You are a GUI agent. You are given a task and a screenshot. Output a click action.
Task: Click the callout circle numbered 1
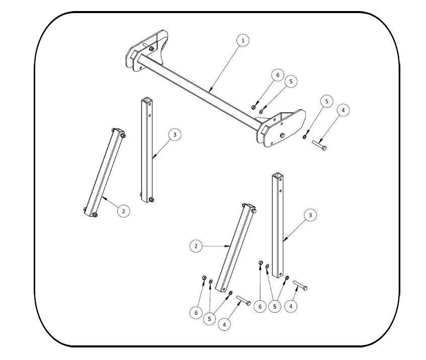[x=243, y=41]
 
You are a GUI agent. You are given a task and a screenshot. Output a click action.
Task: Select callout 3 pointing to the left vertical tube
[x=175, y=134]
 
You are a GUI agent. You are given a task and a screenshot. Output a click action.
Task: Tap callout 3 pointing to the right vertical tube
[x=310, y=215]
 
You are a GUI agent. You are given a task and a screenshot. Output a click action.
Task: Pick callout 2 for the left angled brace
[x=124, y=211]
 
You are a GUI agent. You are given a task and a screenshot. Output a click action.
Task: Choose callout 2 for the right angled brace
[x=196, y=246]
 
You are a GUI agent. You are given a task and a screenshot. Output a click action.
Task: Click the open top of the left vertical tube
[x=147, y=100]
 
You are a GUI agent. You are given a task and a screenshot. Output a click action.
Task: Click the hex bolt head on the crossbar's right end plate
[x=282, y=135]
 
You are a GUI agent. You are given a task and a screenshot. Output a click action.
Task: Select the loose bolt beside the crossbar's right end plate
[x=319, y=145]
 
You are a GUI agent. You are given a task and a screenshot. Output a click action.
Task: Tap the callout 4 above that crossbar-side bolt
[x=343, y=110]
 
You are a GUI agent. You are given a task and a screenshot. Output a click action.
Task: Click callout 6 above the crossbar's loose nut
[x=278, y=75]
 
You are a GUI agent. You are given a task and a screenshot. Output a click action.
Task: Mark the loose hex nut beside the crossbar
[x=253, y=107]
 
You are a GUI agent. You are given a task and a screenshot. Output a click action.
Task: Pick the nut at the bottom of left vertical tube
[x=151, y=200]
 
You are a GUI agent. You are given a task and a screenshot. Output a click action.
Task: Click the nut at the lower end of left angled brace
[x=95, y=215]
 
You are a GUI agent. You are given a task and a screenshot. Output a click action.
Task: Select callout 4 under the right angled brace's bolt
[x=224, y=324]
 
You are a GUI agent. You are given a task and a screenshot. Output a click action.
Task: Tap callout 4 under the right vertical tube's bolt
[x=291, y=306]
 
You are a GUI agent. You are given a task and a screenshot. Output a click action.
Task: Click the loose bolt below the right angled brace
[x=243, y=301]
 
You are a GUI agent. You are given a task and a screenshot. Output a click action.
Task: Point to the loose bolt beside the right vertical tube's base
[x=300, y=286]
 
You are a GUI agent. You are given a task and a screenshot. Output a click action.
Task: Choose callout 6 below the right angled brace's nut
[x=196, y=313]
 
